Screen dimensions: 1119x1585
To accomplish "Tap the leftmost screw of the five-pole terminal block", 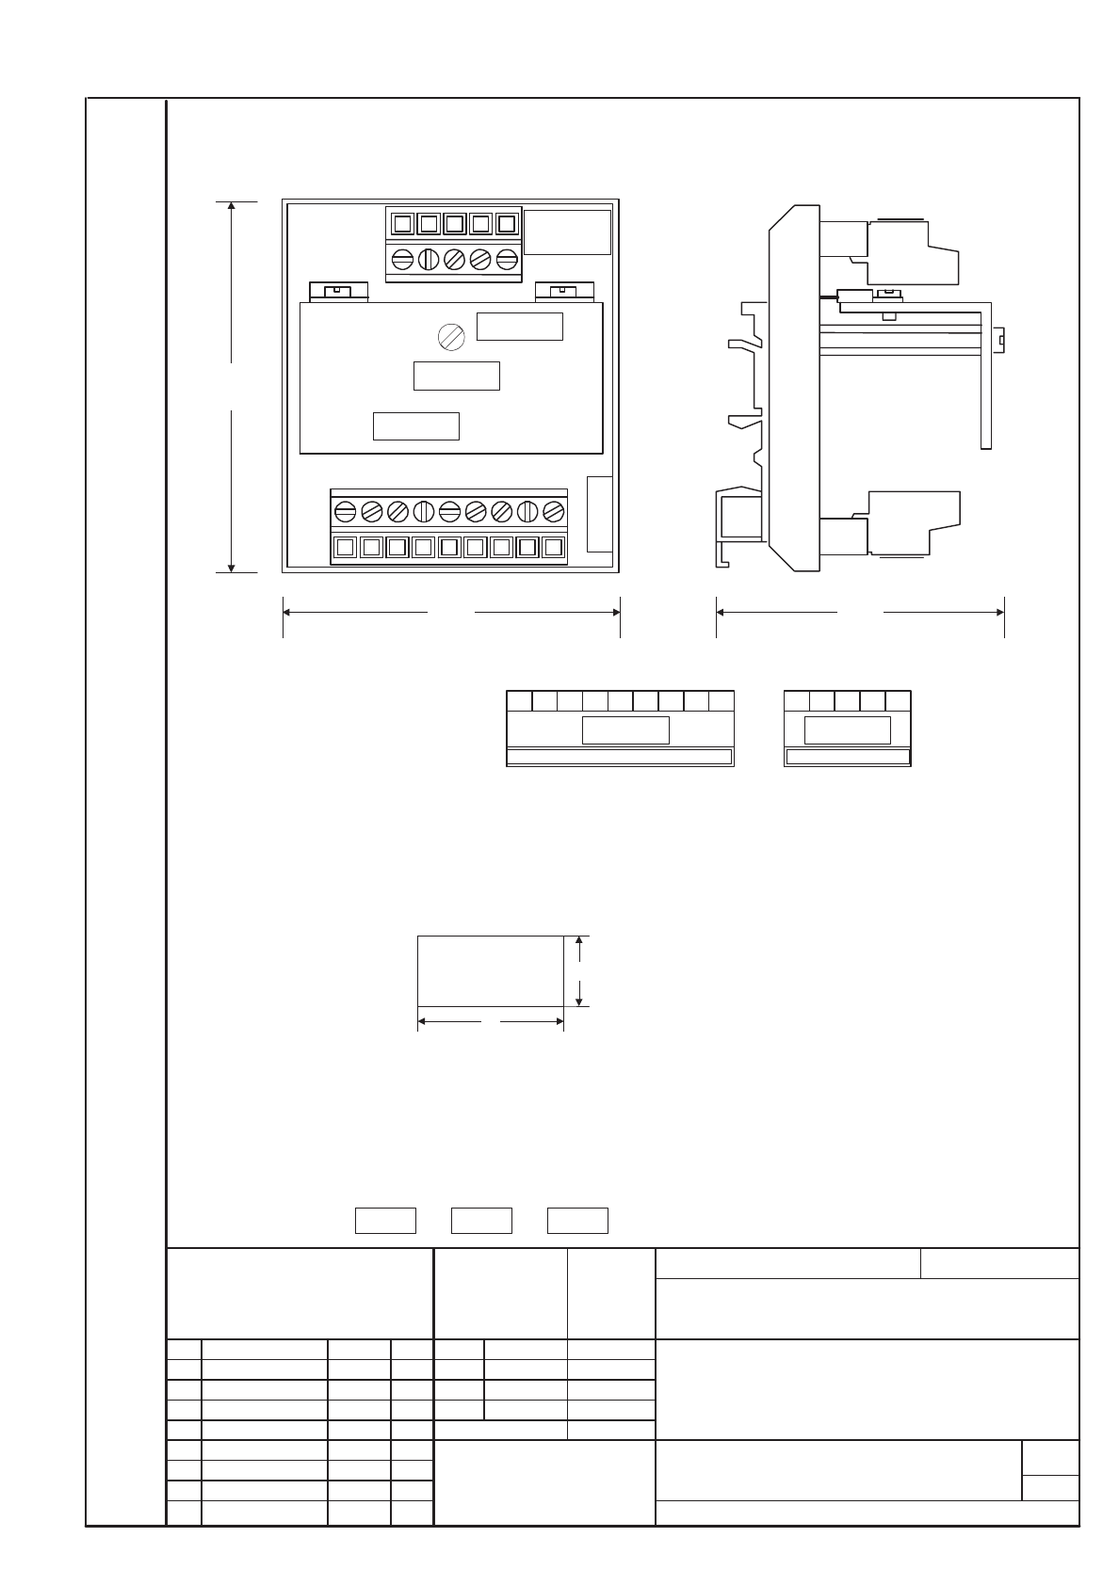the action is [x=402, y=258].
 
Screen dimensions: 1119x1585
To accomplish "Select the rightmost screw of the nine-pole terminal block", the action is [x=554, y=511].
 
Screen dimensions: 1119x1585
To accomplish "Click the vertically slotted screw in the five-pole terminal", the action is [x=429, y=258].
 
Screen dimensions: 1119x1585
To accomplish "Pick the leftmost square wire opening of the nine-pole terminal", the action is [x=345, y=547].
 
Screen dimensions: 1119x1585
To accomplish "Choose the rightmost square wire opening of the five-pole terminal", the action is [x=506, y=224].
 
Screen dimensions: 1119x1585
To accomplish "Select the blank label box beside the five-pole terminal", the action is [x=567, y=232].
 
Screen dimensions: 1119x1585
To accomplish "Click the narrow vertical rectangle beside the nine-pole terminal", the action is [x=599, y=514].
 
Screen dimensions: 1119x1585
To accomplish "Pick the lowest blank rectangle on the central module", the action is [x=416, y=425].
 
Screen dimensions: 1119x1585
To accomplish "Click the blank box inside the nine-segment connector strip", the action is [x=625, y=729].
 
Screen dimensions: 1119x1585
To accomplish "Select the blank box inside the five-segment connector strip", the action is [x=848, y=729].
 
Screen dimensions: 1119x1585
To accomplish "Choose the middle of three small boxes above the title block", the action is [x=481, y=1220].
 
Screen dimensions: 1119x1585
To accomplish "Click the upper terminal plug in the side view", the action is [x=912, y=252].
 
